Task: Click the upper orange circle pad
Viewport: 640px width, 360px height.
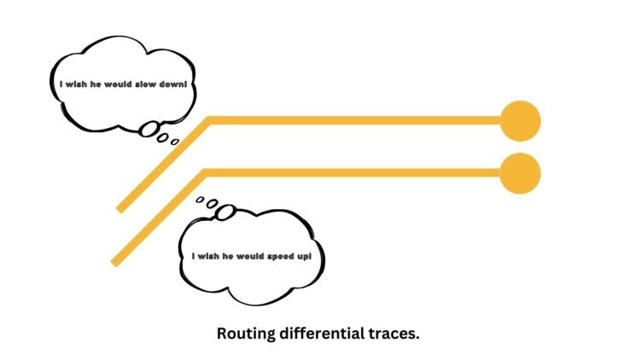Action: pos(520,120)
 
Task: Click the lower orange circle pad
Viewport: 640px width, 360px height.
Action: pos(520,174)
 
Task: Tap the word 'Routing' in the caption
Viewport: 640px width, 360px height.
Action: pos(246,334)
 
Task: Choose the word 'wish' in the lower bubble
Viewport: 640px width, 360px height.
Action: pos(210,255)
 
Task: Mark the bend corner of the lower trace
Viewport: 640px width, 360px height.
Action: pos(204,174)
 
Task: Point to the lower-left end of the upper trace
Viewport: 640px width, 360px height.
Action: pos(121,207)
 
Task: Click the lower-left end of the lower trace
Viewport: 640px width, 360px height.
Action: pos(116,262)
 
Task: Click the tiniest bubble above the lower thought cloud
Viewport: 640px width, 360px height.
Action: pos(200,200)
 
